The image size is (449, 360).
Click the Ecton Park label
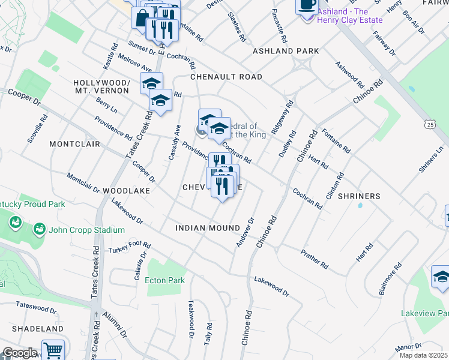coord(164,280)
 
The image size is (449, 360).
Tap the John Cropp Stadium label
coord(86,230)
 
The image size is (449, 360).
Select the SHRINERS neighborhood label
coord(359,196)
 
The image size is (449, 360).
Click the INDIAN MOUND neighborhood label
coord(208,228)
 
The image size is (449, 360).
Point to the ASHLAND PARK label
coord(286,52)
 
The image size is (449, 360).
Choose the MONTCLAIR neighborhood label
coord(74,145)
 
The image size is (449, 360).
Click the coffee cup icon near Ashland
coord(307,5)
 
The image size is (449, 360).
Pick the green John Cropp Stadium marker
coord(39,229)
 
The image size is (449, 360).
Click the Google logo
coord(19,352)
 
